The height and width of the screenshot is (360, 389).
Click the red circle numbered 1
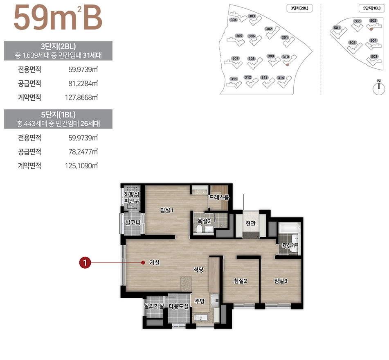click(x=85, y=263)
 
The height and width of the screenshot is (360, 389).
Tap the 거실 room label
click(x=155, y=263)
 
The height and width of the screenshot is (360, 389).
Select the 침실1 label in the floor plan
click(x=167, y=211)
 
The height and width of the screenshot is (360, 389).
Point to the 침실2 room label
click(x=240, y=281)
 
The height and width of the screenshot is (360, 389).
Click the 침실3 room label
click(x=281, y=281)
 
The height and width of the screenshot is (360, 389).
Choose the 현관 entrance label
click(x=250, y=223)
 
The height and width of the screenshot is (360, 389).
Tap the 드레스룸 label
click(x=219, y=197)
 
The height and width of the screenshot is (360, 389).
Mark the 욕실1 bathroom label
click(x=288, y=245)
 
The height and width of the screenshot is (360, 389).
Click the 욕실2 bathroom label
click(x=204, y=221)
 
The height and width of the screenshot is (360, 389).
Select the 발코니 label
click(x=133, y=222)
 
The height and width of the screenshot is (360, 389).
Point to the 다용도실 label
click(x=179, y=306)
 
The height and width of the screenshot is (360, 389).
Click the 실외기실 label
click(x=154, y=306)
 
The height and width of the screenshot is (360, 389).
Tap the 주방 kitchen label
click(x=200, y=301)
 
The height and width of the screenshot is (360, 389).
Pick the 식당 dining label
click(x=198, y=269)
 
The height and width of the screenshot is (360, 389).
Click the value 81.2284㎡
click(x=83, y=84)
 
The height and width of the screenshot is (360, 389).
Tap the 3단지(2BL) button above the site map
click(x=299, y=8)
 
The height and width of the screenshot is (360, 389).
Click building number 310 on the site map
click(x=286, y=57)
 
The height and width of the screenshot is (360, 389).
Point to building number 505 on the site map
click(x=373, y=20)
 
